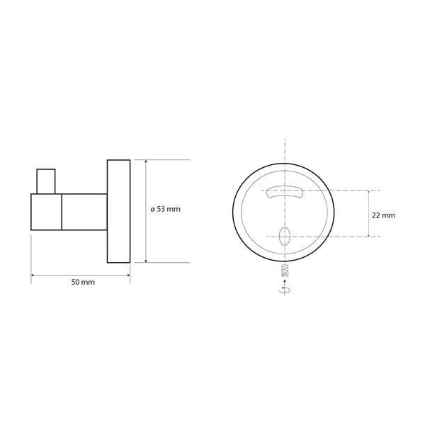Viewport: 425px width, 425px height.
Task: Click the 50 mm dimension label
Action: [x=83, y=283]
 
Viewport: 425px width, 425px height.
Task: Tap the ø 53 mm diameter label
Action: [x=171, y=209]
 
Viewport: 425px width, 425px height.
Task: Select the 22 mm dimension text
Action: [x=383, y=214]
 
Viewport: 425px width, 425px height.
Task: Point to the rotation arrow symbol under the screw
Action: [x=284, y=289]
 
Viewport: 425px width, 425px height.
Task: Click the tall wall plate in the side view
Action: [x=118, y=211]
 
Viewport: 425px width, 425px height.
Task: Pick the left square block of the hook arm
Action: [x=47, y=211]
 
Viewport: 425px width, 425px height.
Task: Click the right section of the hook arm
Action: [x=84, y=211]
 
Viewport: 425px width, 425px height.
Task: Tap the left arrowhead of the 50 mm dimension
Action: [x=33, y=275]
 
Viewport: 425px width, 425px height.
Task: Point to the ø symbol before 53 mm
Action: [x=154, y=209]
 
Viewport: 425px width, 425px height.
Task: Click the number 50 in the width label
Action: [x=77, y=283]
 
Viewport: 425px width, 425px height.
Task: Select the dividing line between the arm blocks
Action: [x=62, y=211]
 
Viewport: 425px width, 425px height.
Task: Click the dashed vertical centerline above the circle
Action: [x=284, y=152]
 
